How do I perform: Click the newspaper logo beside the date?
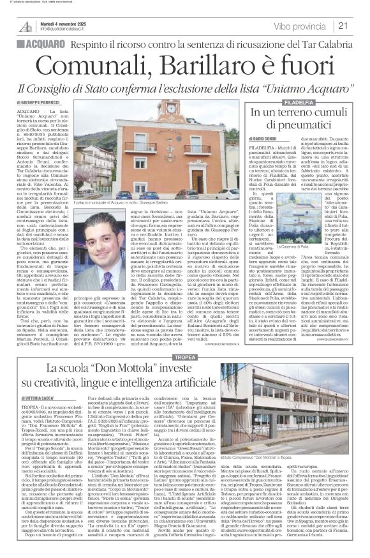[25, 26]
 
